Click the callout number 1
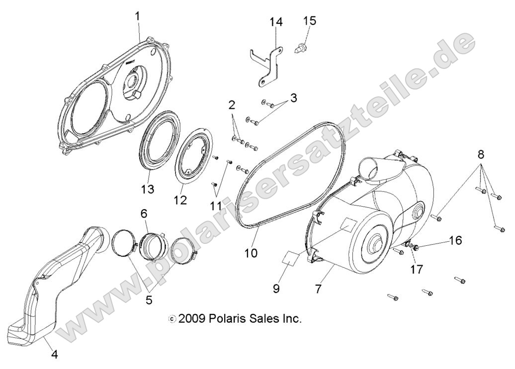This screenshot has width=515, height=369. coord(138,16)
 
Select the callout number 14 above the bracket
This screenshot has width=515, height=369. coord(276,22)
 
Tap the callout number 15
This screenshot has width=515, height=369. coord(310,20)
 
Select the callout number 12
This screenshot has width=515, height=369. coord(180,200)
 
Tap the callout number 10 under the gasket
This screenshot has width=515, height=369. coord(251,253)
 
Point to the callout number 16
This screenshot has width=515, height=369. coord(455,241)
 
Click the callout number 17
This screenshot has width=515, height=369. coord(416,269)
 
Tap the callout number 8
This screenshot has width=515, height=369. coord(481,154)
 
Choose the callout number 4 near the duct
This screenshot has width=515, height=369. coord(54,355)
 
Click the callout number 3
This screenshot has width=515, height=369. coord(294,97)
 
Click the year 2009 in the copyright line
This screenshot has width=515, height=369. coord(192,319)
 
